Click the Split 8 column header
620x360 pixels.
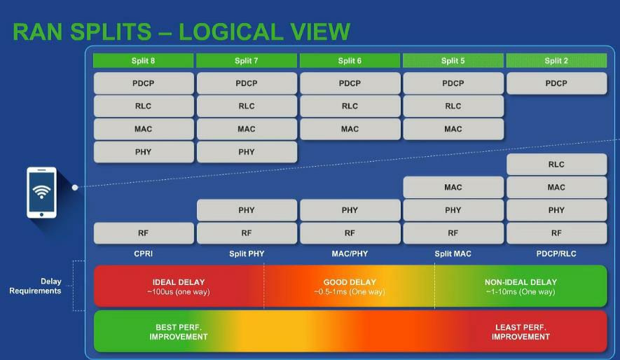point(143,60)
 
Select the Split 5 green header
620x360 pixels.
point(453,60)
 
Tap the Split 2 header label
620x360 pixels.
point(556,60)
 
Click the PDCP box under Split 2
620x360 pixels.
point(556,83)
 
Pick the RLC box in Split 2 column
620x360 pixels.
point(556,165)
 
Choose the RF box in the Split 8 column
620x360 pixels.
point(143,233)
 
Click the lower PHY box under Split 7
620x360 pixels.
point(247,210)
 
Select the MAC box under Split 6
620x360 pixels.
point(350,129)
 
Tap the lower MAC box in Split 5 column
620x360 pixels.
point(453,187)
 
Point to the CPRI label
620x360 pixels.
point(143,254)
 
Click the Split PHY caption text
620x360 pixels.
point(247,254)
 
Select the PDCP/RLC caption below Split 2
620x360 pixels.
point(556,254)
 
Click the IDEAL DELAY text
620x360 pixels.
point(179,282)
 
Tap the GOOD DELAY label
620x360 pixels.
point(350,282)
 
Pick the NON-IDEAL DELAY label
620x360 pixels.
point(521,282)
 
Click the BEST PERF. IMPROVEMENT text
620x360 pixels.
point(179,332)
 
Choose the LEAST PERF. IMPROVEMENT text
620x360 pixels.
point(521,332)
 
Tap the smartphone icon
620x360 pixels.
point(41,193)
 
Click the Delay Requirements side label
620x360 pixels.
point(35,286)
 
